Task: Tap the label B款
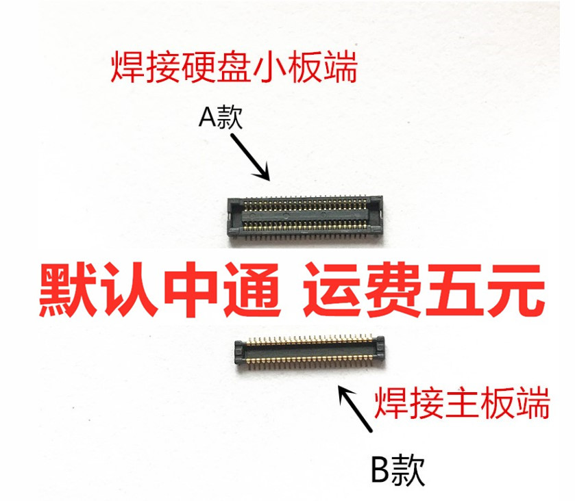[397, 470]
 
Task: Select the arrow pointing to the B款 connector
[356, 409]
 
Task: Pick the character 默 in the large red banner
[66, 291]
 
